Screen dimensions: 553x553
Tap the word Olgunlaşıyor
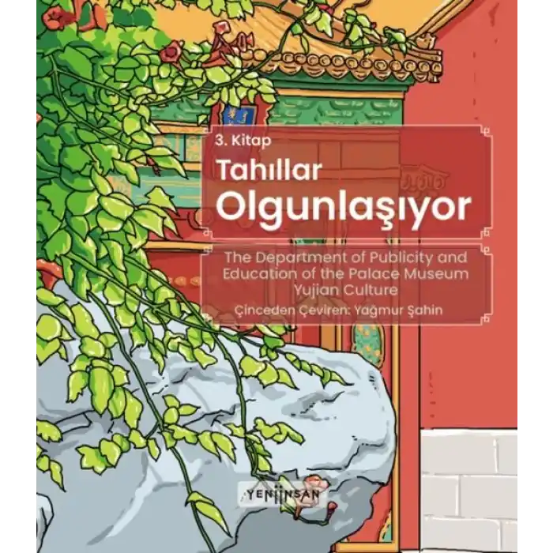[x=343, y=207]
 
